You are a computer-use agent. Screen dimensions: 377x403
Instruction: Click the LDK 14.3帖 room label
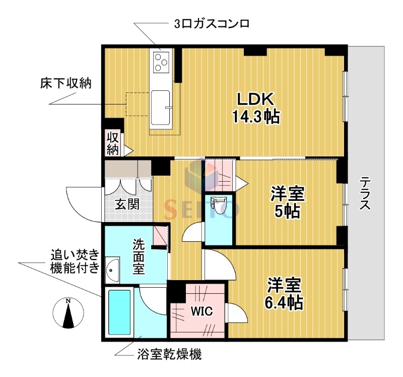coord(255,107)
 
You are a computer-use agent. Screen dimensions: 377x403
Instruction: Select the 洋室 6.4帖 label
coord(285,294)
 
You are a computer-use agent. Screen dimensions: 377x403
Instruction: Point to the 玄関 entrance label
coord(127,204)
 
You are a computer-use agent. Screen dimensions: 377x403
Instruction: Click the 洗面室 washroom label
coord(139,256)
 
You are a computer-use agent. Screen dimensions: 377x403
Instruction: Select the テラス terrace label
coord(366,194)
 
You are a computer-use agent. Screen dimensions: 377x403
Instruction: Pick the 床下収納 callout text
coord(65,83)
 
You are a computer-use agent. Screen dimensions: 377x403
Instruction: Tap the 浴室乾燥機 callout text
coord(169,354)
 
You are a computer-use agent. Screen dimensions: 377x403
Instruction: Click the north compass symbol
coord(68,313)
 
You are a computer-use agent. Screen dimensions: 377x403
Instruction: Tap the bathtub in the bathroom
coord(119,311)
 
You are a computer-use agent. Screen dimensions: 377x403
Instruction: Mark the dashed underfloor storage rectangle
coord(138,104)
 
